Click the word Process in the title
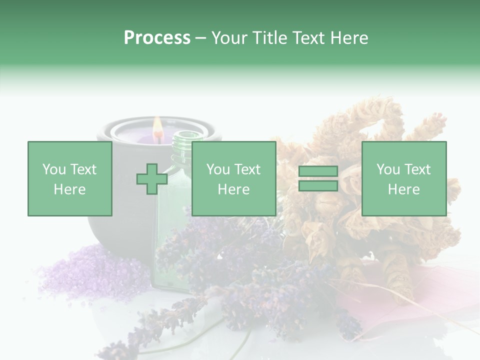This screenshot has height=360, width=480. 157,38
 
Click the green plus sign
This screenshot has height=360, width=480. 152,179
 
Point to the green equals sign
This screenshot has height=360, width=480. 318,179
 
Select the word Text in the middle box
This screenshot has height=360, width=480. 247,169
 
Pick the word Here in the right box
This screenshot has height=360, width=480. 404,189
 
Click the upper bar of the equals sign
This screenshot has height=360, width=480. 318,172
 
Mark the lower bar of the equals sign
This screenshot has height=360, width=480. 318,186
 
